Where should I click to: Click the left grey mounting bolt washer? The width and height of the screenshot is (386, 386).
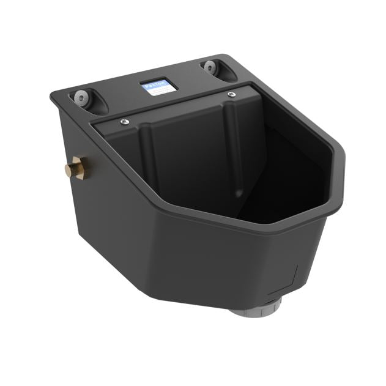[81, 97]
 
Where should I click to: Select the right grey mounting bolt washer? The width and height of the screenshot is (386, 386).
[210, 66]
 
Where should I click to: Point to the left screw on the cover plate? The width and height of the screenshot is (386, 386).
[124, 122]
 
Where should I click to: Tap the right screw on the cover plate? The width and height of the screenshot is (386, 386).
[231, 94]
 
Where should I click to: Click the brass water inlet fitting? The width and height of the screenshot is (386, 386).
[76, 166]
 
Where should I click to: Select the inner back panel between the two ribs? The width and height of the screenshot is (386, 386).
[190, 153]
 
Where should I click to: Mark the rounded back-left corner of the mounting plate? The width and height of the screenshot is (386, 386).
[55, 96]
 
